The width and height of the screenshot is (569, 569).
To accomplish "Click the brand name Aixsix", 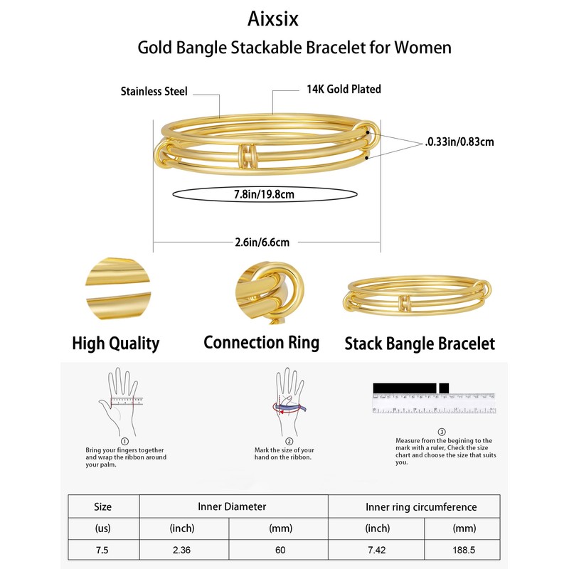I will pos(284,19).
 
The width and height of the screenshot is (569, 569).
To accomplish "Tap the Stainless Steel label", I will pos(154,91).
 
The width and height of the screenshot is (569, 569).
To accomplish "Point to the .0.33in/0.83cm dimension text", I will pos(458,142).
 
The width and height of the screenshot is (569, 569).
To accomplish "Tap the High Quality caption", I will pos(116,344).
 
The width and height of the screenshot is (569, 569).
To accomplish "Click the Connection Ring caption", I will pos(261,342).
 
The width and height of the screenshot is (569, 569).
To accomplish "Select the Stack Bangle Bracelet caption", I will pos(420,344).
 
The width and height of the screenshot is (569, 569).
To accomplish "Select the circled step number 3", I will pos(442,431).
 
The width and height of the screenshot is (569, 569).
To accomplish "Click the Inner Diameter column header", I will pos(232,507).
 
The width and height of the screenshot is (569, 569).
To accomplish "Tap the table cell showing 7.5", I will pos(102,550).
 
